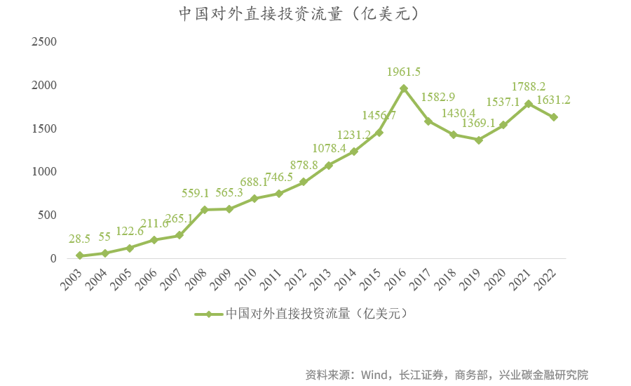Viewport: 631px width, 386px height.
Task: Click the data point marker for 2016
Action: [403, 88]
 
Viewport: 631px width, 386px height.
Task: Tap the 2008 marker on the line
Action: [204, 210]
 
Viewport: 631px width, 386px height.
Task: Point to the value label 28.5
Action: [80, 239]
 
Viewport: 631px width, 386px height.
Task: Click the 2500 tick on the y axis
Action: [43, 42]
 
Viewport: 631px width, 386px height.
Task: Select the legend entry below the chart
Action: [301, 314]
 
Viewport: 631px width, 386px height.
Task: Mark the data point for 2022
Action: [553, 117]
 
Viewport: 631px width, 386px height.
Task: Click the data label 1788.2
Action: [529, 87]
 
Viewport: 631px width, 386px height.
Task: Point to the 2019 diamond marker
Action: [478, 140]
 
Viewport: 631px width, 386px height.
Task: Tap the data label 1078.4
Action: [330, 148]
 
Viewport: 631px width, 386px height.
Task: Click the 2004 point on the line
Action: [104, 253]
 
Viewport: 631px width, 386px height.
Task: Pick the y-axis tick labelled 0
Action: [53, 258]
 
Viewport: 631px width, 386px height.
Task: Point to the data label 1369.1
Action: [478, 124]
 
